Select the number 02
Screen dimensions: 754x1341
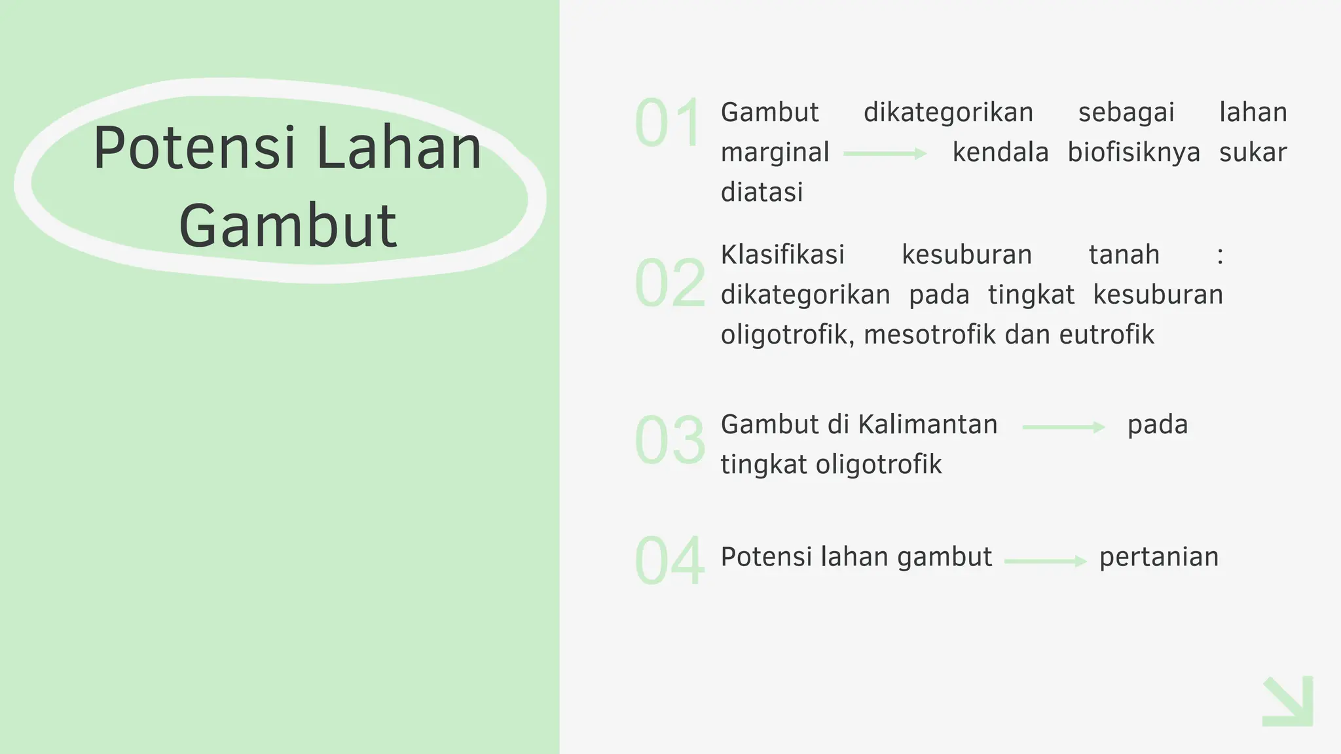click(x=670, y=283)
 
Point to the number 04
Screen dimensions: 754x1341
click(x=670, y=561)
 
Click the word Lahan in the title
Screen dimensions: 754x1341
click(x=399, y=148)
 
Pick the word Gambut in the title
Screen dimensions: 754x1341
click(x=288, y=226)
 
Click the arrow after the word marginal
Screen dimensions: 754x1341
click(x=885, y=154)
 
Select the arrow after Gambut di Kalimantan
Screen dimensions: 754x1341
click(x=1063, y=427)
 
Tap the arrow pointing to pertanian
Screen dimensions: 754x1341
click(x=1045, y=561)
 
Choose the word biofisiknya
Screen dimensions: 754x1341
click(x=1133, y=153)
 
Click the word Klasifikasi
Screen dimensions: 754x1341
click(x=782, y=255)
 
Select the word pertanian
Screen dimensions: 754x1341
click(x=1159, y=557)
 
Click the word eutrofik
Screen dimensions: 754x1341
click(x=1107, y=335)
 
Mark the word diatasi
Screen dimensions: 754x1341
click(x=762, y=192)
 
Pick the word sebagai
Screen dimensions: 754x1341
click(x=1126, y=113)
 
